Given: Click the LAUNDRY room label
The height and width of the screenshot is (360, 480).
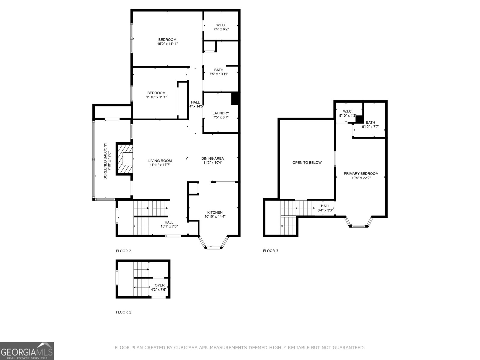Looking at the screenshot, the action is (220, 113).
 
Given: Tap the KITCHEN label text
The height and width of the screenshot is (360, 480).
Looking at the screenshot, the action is (215, 212).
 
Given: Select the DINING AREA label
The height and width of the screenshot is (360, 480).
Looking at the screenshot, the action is (213, 158).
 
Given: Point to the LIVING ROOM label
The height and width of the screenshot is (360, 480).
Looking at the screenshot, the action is (160, 161).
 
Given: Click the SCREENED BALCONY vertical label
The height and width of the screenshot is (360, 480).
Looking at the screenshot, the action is (105, 161).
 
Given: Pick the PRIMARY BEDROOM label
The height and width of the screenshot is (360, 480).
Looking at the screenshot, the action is (361, 174).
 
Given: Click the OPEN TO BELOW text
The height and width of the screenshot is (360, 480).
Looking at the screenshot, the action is (307, 163).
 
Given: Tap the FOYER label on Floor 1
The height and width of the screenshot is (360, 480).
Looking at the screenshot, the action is (158, 285).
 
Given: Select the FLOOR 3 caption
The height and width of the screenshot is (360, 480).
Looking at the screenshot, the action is (271, 251).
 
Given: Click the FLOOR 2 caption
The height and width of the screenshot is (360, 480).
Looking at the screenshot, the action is (124, 251).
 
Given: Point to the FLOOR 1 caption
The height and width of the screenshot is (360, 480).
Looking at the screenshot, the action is (124, 312).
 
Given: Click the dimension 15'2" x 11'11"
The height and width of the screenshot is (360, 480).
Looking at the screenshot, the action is (167, 44).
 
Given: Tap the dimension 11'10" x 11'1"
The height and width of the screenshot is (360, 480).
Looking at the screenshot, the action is (156, 97).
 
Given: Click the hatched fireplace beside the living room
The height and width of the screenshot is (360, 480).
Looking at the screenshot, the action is (125, 159).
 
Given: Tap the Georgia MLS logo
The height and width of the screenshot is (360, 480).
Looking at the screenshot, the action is (27, 351).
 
